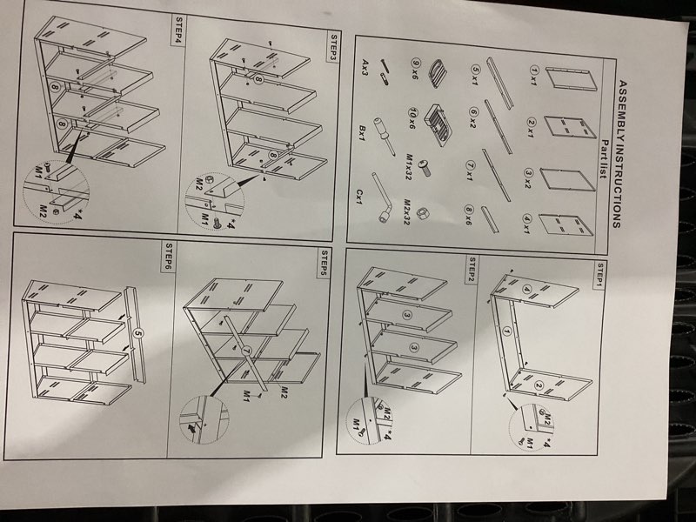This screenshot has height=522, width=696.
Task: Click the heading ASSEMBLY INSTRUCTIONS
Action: click(x=619, y=154)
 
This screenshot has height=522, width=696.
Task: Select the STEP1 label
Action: click(x=599, y=276)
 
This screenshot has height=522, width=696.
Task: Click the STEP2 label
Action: click(x=472, y=269)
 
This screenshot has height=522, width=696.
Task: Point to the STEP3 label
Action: click(x=334, y=48)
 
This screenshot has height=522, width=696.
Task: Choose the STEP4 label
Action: click(x=179, y=30)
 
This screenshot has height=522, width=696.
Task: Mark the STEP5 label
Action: click(x=325, y=263)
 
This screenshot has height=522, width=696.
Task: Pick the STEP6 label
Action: click(x=169, y=256)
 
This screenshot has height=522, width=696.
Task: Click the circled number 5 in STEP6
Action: click(x=137, y=333)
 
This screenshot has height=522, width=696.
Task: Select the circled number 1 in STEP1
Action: click(x=506, y=331)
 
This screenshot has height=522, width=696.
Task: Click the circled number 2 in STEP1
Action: click(x=539, y=385)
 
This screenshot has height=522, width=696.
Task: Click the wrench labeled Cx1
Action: click(x=381, y=197)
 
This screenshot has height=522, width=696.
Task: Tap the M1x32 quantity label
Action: click(x=408, y=167)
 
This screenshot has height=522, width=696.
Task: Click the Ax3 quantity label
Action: click(x=365, y=68)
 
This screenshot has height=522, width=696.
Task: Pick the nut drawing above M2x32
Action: click(x=423, y=213)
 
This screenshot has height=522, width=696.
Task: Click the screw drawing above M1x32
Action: click(x=425, y=168)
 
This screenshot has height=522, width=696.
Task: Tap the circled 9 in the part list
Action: click(x=416, y=64)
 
